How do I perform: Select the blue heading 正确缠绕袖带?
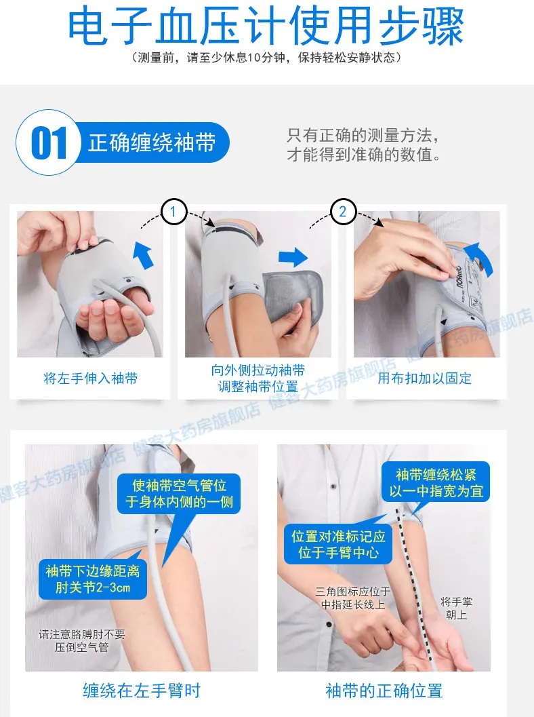[x=152, y=142]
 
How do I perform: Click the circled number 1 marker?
[x=173, y=212]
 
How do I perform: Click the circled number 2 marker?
[x=342, y=212]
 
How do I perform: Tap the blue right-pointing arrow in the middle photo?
[x=293, y=257]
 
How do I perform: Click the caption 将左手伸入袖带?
[x=90, y=379]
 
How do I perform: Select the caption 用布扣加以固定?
[x=424, y=379]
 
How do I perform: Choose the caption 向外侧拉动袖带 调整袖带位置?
[x=258, y=379]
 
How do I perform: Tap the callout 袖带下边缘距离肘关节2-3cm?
[x=92, y=579]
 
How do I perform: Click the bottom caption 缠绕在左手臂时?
[x=142, y=691]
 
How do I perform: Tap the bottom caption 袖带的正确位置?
[x=384, y=691]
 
